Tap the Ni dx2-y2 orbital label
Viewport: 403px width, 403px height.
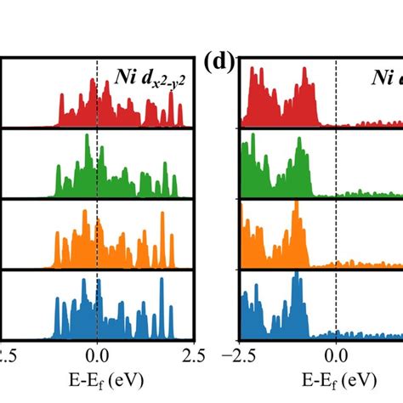[x=149, y=81]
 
